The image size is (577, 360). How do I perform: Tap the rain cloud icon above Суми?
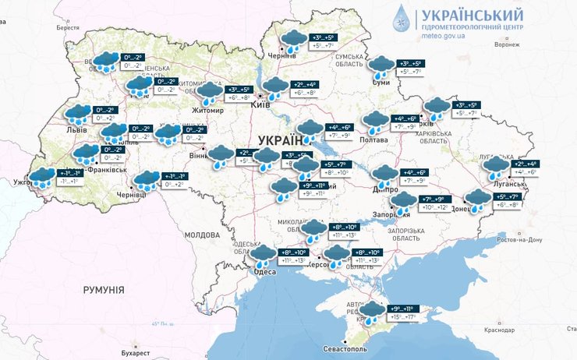(x=381, y=65)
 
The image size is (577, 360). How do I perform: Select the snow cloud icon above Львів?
(x=78, y=114)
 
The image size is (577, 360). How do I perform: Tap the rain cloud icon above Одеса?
(x=263, y=255)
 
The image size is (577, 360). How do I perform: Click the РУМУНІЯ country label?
(x=100, y=289)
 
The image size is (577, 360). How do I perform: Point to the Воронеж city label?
(x=506, y=44)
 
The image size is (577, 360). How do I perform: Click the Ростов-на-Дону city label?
(x=517, y=240)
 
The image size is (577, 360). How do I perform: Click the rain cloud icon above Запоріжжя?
(x=403, y=203)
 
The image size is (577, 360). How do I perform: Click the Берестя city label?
(x=68, y=28)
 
